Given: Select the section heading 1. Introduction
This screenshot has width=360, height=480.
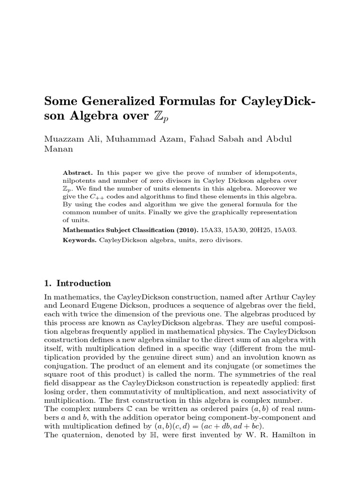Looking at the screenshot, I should coord(77,283).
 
